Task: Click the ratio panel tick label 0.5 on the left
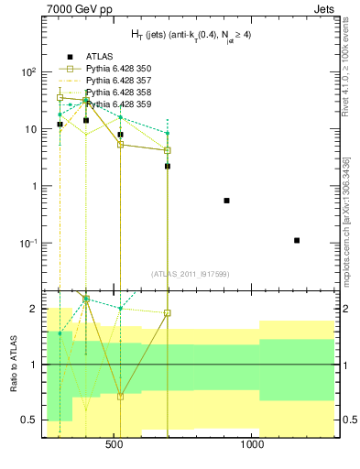(27, 420)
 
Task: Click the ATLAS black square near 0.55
(226, 201)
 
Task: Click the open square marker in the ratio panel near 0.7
(120, 397)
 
